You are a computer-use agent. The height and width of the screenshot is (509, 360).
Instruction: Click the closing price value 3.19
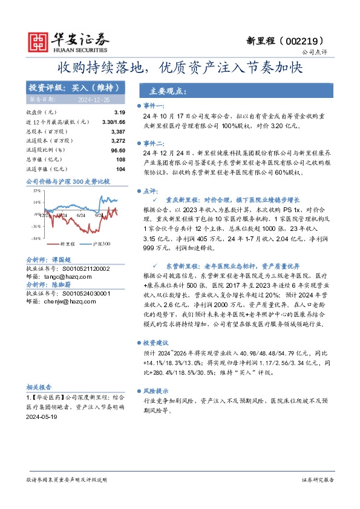click(x=119, y=113)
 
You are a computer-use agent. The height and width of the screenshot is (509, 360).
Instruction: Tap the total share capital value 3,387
click(x=118, y=131)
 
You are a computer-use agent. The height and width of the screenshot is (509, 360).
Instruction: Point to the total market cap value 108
click(x=120, y=159)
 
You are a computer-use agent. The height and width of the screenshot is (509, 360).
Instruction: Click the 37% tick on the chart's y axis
click(x=37, y=189)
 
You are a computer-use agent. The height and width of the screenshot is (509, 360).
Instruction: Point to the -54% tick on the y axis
click(x=36, y=238)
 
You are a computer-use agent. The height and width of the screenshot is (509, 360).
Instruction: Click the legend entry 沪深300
click(x=102, y=244)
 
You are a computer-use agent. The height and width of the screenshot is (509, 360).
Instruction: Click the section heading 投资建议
click(x=163, y=341)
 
